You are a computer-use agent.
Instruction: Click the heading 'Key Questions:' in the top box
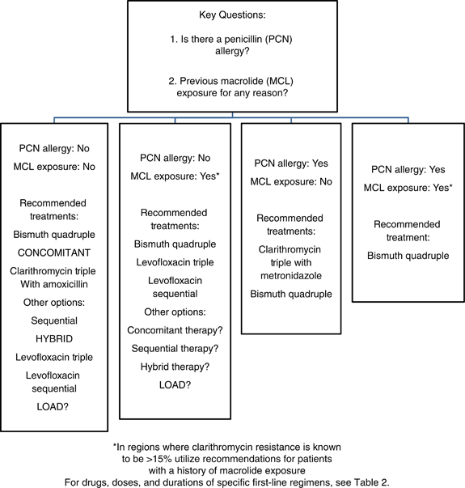[x=232, y=15]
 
